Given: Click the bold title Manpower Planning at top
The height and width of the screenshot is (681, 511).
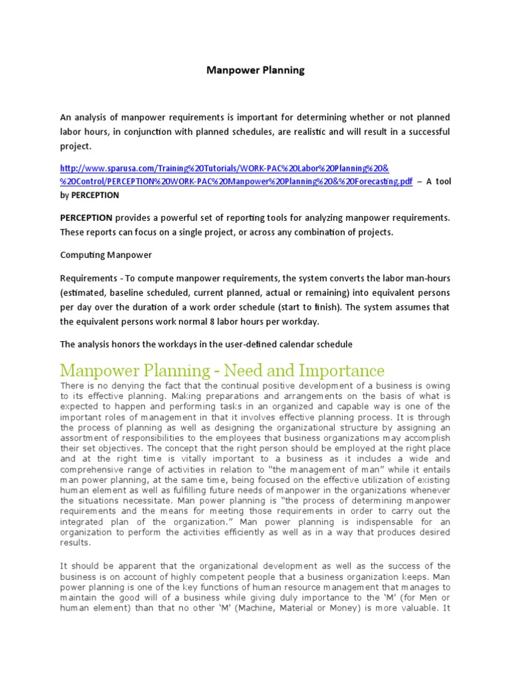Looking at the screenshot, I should [x=255, y=70].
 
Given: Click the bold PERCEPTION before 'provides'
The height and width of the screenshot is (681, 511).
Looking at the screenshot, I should [x=86, y=217].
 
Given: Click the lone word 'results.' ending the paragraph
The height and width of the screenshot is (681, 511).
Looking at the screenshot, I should [x=75, y=543].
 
